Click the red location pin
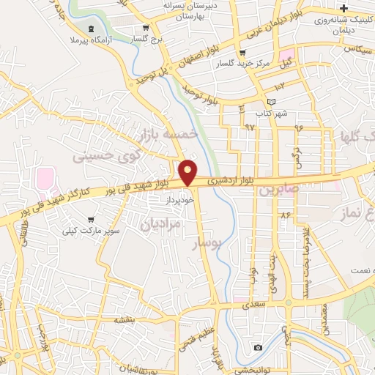(x=188, y=172)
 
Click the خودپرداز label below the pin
(x=179, y=198)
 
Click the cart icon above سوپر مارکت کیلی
(x=91, y=218)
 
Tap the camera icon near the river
(x=257, y=346)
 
